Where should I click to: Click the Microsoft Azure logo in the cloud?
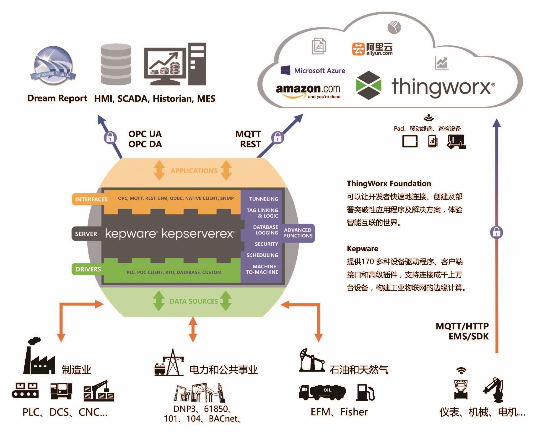point(313,70)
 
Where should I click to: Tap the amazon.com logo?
point(308,91)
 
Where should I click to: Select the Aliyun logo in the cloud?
point(372,49)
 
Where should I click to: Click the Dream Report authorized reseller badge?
point(53,65)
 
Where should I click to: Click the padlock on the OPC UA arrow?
point(110,138)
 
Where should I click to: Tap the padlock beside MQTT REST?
point(277,138)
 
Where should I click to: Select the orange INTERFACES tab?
point(91,199)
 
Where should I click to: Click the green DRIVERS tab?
point(88,269)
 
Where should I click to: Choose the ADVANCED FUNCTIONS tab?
point(298,233)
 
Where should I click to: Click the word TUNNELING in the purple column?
point(264,199)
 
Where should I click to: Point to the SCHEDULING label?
point(262,255)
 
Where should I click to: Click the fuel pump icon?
point(365,392)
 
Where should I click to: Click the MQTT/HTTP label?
point(462,326)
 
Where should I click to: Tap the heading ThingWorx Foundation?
point(389,183)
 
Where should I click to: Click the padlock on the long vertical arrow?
point(496,232)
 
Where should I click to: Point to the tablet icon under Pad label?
point(410,141)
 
